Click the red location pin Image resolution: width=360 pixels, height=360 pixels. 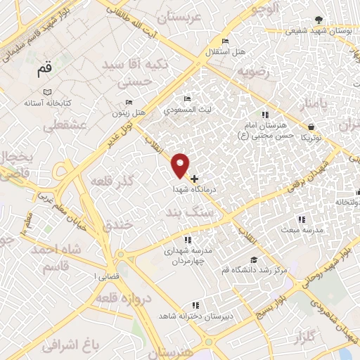tap(181, 165)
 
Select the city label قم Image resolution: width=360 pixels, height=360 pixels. tap(44, 70)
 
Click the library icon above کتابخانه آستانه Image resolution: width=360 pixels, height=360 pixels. tap(47, 92)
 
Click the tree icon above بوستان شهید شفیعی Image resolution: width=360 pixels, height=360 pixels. tap(319, 20)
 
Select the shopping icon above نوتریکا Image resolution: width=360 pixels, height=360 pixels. tap(310, 127)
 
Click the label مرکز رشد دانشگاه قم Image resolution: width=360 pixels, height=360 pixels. tap(258, 270)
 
